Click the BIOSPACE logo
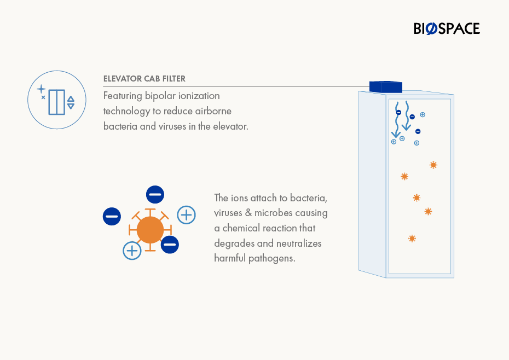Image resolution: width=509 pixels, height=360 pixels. pyautogui.click(x=447, y=28)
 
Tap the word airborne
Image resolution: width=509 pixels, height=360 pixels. pyautogui.click(x=213, y=111)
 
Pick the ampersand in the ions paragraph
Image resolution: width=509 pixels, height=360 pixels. pyautogui.click(x=248, y=213)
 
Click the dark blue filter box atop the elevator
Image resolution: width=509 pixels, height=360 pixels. pyautogui.click(x=386, y=87)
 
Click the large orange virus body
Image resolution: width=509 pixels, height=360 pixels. pyautogui.click(x=150, y=230)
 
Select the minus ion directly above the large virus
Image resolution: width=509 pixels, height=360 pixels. pyautogui.click(x=155, y=194)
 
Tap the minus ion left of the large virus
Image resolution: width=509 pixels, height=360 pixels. pyautogui.click(x=112, y=216)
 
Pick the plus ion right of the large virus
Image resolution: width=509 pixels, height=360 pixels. pyautogui.click(x=186, y=215)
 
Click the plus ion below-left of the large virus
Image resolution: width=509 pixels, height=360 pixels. pyautogui.click(x=132, y=251)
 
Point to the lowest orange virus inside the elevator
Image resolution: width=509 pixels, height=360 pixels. pyautogui.click(x=412, y=239)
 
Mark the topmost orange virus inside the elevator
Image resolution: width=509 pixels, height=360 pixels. pyautogui.click(x=433, y=165)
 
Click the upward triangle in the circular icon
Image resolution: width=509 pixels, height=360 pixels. pyautogui.click(x=71, y=99)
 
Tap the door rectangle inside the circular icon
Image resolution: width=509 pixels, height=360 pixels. pyautogui.click(x=57, y=102)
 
